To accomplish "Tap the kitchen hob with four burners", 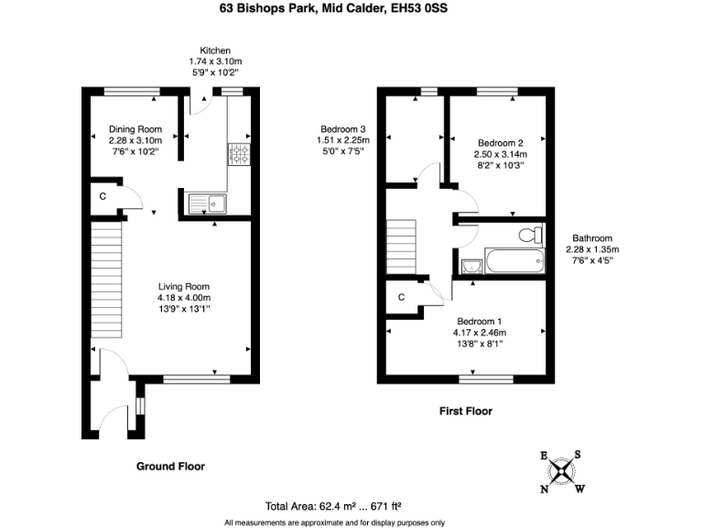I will pyautogui.click(x=240, y=155).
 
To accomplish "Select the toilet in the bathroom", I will pyautogui.click(x=528, y=236).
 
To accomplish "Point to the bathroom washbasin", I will pyautogui.click(x=472, y=266).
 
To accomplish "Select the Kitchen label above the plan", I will pyautogui.click(x=215, y=49).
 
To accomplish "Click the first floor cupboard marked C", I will pyautogui.click(x=403, y=297).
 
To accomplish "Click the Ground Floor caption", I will pyautogui.click(x=170, y=466).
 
